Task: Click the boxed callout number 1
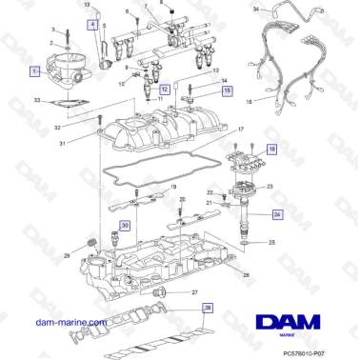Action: click(x=34, y=70)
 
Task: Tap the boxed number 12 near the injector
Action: click(x=165, y=87)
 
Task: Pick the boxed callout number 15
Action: click(x=227, y=91)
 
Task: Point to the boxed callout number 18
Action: click(x=271, y=150)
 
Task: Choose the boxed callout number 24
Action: click(x=277, y=214)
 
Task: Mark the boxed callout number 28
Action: click(x=208, y=308)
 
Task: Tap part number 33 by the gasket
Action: click(x=36, y=100)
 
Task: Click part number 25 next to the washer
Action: click(x=272, y=245)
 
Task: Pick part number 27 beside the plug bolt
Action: click(x=194, y=292)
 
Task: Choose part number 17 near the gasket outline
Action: click(x=241, y=129)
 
